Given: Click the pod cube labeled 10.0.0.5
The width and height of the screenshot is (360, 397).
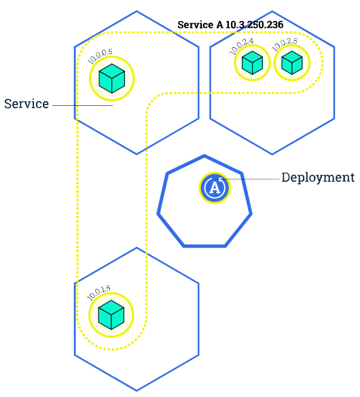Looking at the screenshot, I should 111,79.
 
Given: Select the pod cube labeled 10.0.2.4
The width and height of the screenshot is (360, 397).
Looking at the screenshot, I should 252,63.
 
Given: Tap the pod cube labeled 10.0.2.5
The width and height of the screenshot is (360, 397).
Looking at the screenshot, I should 291,63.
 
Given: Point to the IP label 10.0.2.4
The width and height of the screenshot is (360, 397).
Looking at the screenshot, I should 241,46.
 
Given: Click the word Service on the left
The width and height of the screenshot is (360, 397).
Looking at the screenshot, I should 26,104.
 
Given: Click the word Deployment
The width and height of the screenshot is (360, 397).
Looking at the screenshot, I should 318,178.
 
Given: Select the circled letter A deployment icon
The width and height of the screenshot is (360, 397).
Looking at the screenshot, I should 215,187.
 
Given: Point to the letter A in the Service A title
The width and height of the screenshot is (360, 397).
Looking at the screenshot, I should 219,24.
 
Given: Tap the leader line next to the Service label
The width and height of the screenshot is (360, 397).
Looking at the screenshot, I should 82,105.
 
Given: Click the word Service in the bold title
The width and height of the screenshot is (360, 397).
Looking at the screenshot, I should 196,24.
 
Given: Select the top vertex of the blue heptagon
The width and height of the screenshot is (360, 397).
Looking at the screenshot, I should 204,156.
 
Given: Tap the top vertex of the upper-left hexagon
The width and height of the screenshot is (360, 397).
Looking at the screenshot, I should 137,11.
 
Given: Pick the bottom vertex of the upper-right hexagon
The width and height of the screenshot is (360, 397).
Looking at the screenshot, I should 272,154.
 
